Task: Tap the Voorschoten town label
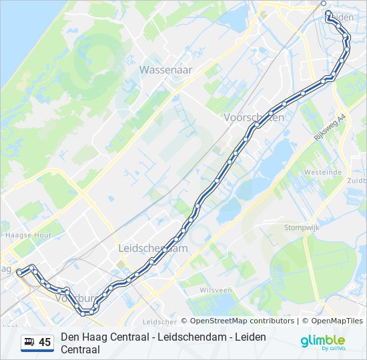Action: point(254,117)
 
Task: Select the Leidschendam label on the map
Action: point(153,248)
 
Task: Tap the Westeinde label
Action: point(322,172)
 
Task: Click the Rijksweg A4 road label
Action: point(330,127)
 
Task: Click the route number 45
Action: point(45,343)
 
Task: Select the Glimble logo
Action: point(322,342)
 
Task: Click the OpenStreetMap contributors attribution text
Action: point(243,321)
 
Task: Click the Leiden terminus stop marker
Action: point(324,3)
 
